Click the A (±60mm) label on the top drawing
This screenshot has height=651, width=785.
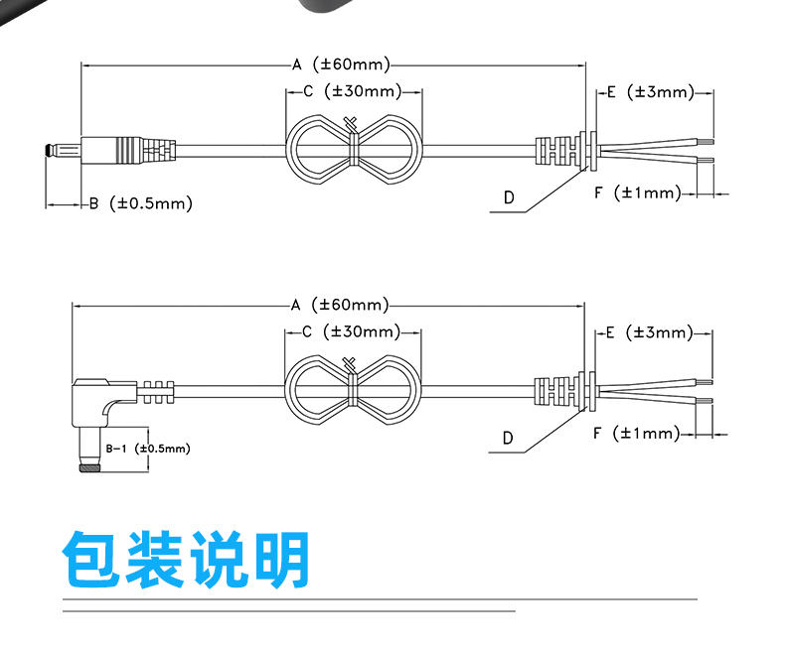pyautogui.click(x=341, y=65)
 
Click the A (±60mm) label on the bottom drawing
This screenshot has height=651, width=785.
pyautogui.click(x=340, y=305)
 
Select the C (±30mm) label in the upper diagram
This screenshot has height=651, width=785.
pyautogui.click(x=353, y=91)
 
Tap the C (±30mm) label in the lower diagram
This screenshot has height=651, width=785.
pyautogui.click(x=352, y=331)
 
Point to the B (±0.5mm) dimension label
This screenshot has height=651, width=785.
pyautogui.click(x=141, y=203)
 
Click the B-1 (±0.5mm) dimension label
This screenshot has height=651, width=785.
pyautogui.click(x=148, y=449)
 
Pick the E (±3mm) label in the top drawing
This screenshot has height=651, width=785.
pyautogui.click(x=651, y=92)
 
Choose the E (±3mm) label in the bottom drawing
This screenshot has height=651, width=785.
pyautogui.click(x=649, y=332)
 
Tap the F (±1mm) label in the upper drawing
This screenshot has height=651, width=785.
pyautogui.click(x=638, y=193)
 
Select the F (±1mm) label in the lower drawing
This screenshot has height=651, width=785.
pyautogui.click(x=636, y=433)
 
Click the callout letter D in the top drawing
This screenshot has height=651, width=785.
pyautogui.click(x=509, y=198)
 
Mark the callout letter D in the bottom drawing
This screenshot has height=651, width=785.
pyautogui.click(x=508, y=439)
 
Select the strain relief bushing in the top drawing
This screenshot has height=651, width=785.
pyautogui.click(x=566, y=149)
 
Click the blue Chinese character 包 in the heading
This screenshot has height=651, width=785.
pyautogui.click(x=92, y=559)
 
